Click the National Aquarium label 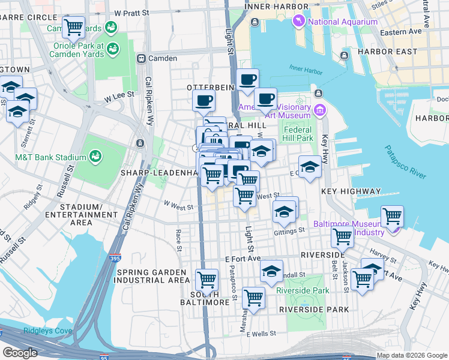pyautogui.click(x=343, y=22)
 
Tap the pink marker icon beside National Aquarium pyautogui.click(x=298, y=22)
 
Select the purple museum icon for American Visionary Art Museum pyautogui.click(x=319, y=110)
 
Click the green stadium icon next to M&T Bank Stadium pyautogui.click(x=95, y=157)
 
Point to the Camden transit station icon pyautogui.click(x=142, y=59)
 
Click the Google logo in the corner pyautogui.click(x=20, y=353)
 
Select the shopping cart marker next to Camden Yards pyautogui.click(x=73, y=27)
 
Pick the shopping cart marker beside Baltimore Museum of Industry pyautogui.click(x=392, y=215)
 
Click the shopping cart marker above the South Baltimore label pyautogui.click(x=206, y=278)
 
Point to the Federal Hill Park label pyautogui.click(x=298, y=134)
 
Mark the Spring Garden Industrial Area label pyautogui.click(x=152, y=275)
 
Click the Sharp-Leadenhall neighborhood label pyautogui.click(x=160, y=173)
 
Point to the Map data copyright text pyautogui.click(x=411, y=355)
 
